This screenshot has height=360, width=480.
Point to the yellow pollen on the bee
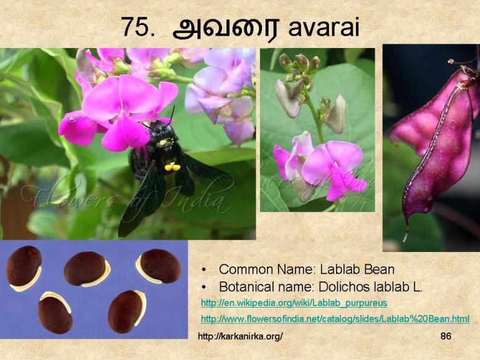click(172, 167)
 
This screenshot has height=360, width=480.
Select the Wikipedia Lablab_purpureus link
click(294, 303)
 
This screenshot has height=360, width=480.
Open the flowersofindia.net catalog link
click(335, 319)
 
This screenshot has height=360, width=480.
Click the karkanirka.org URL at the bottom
click(240, 336)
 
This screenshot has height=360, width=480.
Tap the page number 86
click(445, 336)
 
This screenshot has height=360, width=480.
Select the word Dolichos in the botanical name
click(343, 287)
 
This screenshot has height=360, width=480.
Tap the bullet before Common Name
click(204, 270)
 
